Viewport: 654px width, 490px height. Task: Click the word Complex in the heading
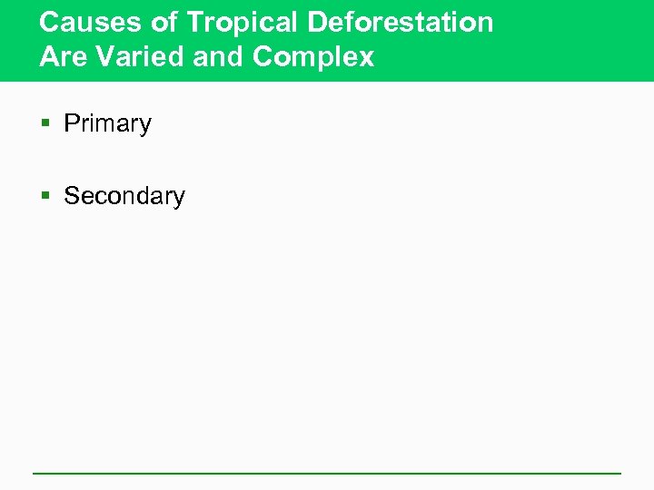(313, 58)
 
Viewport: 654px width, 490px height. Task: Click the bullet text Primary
(107, 124)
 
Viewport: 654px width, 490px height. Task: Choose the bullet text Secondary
(124, 196)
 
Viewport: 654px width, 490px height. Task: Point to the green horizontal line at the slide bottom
(327, 473)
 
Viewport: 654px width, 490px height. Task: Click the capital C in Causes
(50, 23)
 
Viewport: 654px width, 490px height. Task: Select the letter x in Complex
(366, 58)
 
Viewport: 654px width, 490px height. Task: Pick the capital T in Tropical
(195, 23)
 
